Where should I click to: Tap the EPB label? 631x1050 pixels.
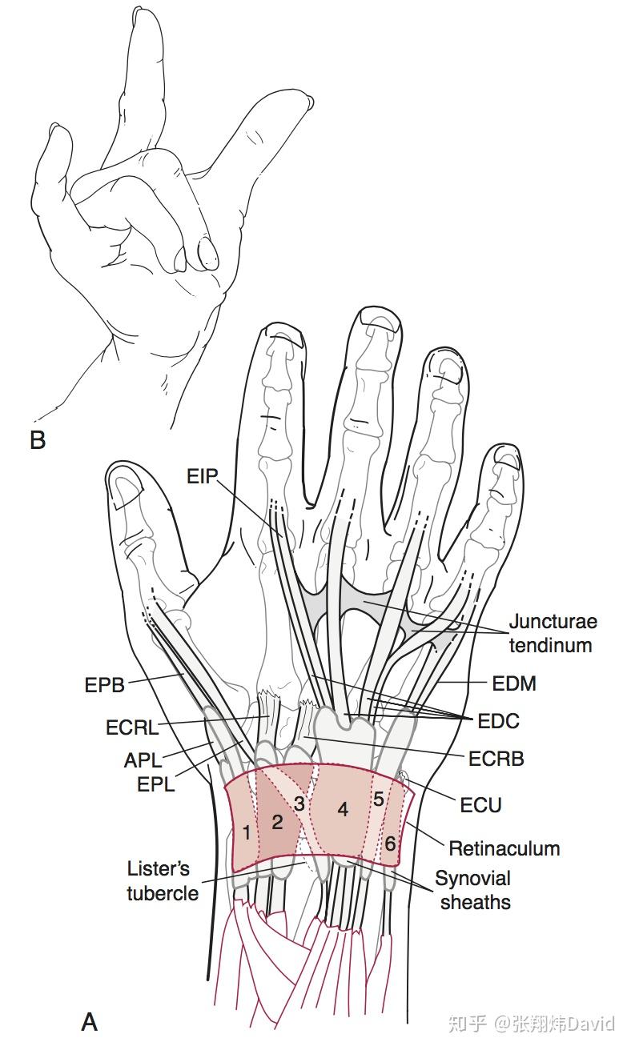(104, 685)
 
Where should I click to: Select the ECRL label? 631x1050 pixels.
(133, 728)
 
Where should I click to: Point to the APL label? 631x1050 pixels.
(143, 759)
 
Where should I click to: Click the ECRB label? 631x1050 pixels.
(496, 757)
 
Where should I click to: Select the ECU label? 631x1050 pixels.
(481, 804)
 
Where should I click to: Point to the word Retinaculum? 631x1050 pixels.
(504, 848)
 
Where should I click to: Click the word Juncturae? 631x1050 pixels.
(553, 622)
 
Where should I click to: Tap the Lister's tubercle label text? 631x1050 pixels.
(163, 880)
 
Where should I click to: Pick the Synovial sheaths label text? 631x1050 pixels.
(472, 890)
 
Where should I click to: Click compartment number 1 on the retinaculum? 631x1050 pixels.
(247, 833)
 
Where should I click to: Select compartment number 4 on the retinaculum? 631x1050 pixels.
(343, 809)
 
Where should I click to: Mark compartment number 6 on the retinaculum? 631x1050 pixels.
(389, 843)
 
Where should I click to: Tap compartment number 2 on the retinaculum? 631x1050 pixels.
(277, 821)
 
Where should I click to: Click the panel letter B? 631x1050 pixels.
(38, 439)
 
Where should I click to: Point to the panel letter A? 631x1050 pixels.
(90, 1021)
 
